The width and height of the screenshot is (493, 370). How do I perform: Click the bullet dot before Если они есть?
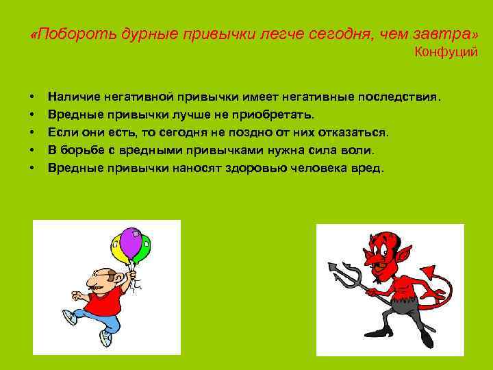pos(33,132)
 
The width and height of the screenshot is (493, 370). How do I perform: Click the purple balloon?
pos(130,241)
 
